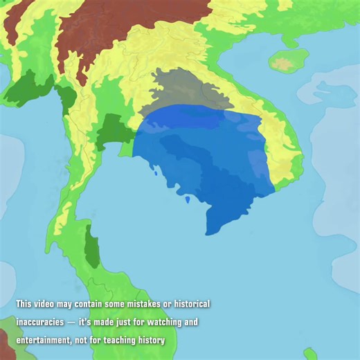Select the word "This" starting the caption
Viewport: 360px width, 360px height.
[x=24, y=305]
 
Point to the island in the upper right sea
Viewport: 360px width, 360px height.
[x=283, y=61]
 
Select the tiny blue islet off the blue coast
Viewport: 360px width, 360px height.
[x=188, y=199]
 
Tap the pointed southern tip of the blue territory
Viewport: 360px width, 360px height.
[x=208, y=232]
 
